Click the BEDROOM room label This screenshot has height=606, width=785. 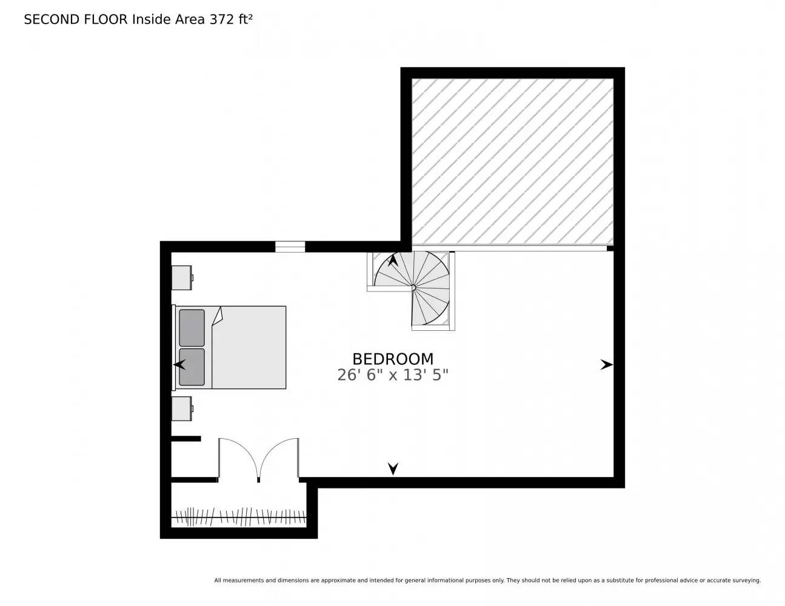[393, 359]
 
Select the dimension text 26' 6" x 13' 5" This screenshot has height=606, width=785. [393, 375]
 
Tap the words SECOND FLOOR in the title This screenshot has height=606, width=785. [76, 19]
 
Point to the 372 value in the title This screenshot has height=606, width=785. [221, 19]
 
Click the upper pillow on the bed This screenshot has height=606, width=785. [192, 328]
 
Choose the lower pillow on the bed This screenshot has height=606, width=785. [192, 367]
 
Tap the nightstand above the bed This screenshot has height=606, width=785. [181, 278]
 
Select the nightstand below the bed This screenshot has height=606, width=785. [181, 408]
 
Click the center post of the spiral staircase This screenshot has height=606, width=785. [413, 287]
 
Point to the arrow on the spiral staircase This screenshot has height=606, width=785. [393, 261]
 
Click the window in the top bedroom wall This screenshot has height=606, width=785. [290, 247]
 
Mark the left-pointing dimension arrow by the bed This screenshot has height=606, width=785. [179, 365]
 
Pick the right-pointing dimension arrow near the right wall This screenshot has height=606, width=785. [606, 365]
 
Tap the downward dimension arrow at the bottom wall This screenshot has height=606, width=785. [393, 468]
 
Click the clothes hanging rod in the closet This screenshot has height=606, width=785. [239, 518]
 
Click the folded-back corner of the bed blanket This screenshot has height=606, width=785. [218, 316]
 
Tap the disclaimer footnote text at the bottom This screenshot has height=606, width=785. [487, 581]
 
